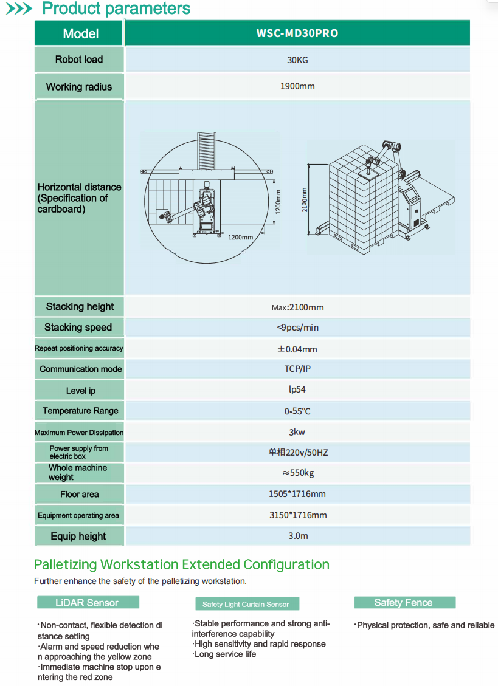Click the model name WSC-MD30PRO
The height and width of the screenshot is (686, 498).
tap(297, 33)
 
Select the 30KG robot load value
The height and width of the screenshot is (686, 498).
tap(297, 60)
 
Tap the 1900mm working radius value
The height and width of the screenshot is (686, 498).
tap(297, 86)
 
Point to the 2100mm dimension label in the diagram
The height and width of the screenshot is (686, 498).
tap(305, 200)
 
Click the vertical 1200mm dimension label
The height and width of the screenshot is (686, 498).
tap(278, 202)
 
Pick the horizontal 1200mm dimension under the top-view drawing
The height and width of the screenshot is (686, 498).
tap(240, 237)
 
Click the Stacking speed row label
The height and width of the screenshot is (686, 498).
tap(78, 328)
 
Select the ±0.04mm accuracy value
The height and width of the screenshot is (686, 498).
tap(297, 349)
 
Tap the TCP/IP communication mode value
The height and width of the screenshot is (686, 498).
tap(297, 369)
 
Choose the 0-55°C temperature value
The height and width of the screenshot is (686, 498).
tap(297, 411)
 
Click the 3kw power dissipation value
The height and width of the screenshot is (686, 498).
tap(297, 432)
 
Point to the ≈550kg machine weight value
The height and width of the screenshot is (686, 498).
tap(298, 473)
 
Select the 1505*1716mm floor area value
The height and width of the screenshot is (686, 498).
tap(297, 494)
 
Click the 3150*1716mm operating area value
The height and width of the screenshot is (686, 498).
tap(298, 515)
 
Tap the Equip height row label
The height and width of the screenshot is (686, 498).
tap(78, 537)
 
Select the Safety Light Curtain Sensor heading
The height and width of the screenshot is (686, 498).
tap(247, 604)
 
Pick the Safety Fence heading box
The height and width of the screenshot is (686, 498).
tap(405, 602)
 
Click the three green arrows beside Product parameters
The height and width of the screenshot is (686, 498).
tap(19, 9)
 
